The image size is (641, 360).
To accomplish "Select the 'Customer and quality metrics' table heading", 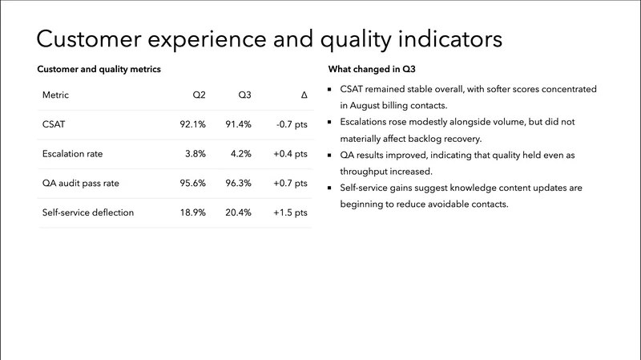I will [99, 70].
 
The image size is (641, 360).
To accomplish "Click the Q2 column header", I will [199, 95].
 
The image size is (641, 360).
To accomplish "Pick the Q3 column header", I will [244, 95].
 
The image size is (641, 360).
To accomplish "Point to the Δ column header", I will [304, 95].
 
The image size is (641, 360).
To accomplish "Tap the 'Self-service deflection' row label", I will [88, 212].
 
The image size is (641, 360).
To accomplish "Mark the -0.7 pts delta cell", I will [291, 124].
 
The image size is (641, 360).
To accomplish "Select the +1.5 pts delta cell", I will [290, 212].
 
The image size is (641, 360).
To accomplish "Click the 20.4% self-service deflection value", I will [239, 212].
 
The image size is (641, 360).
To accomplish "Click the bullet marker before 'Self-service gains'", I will [331, 188].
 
